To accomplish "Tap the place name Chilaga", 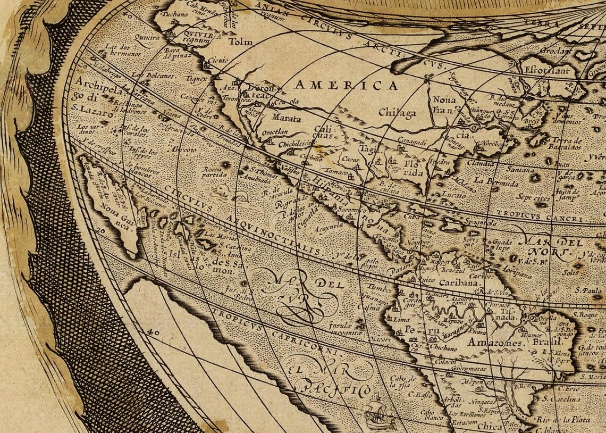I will pos(397,112).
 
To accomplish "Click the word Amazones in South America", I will pos(494,343).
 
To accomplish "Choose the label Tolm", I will pos(239,41).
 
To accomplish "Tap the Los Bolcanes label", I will pos(153,76).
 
